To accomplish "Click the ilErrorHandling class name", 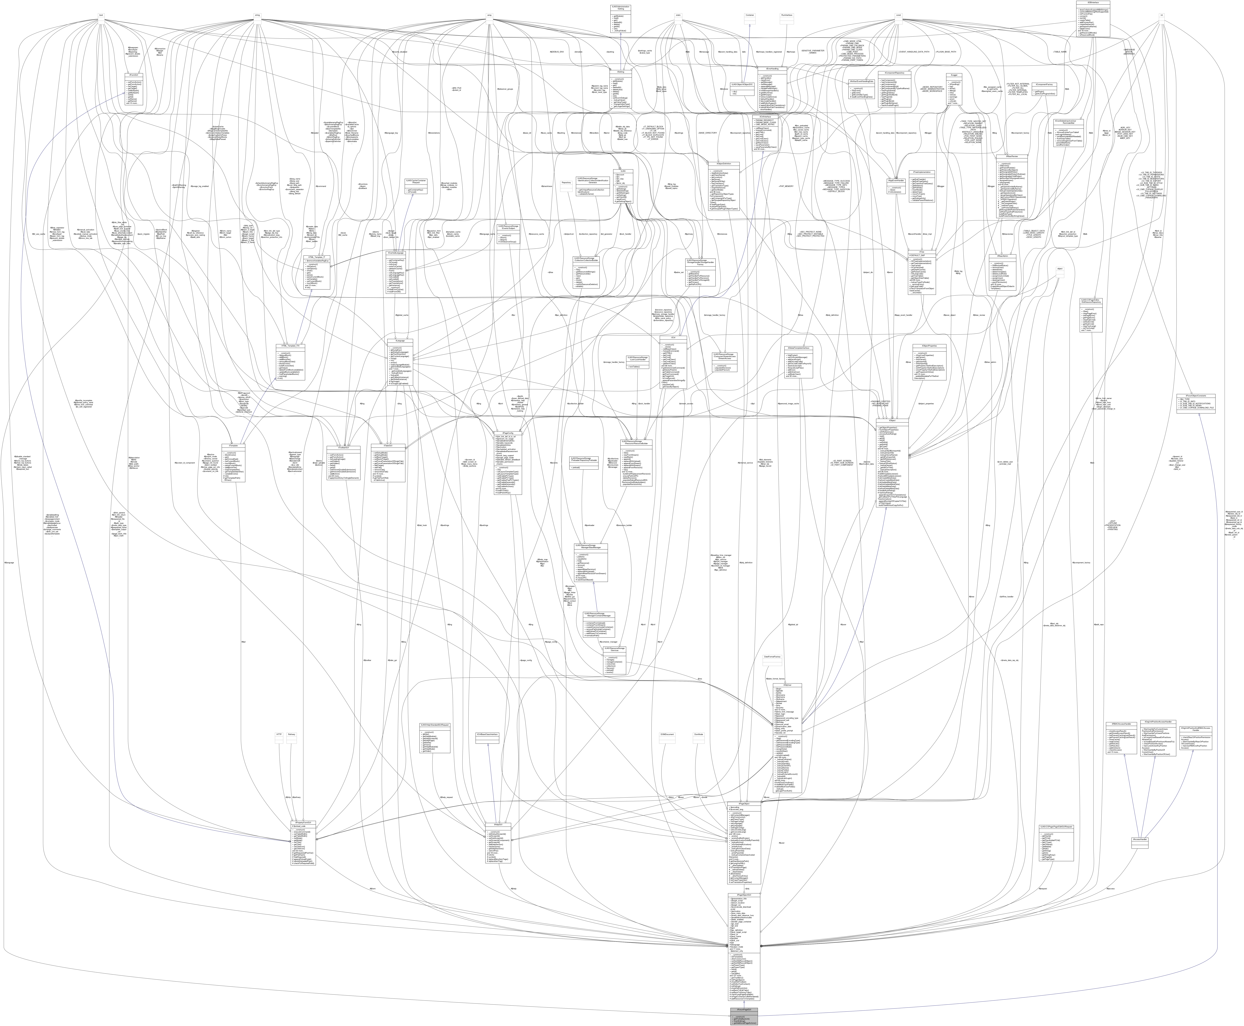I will click(770, 68).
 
